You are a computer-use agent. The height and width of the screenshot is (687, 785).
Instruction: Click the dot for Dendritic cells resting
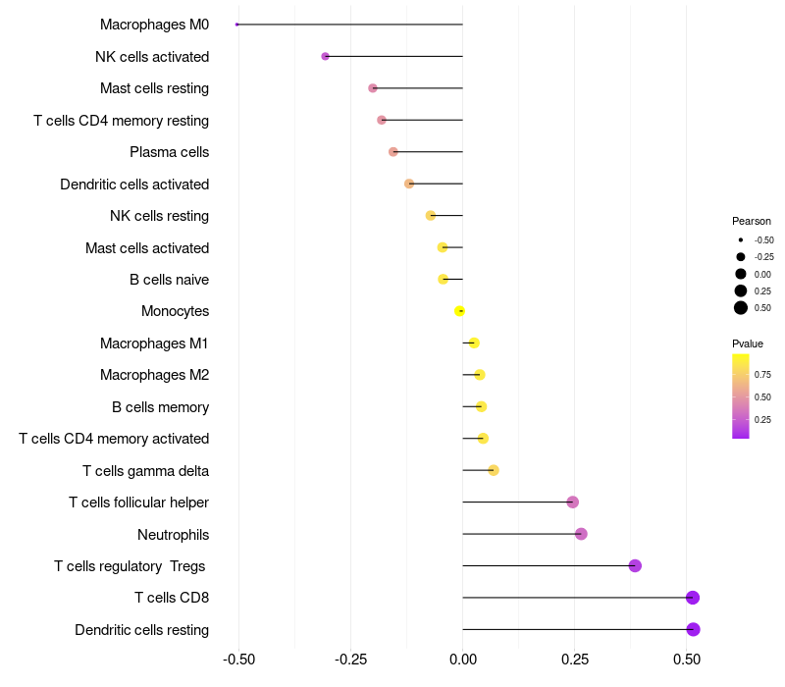tap(693, 629)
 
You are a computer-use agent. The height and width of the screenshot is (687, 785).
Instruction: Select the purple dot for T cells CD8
tap(693, 598)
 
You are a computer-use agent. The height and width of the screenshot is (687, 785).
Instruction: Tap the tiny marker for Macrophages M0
tap(237, 25)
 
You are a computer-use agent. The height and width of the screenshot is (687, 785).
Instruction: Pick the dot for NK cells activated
tap(326, 57)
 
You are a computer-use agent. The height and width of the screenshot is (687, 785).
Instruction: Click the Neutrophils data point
tap(581, 534)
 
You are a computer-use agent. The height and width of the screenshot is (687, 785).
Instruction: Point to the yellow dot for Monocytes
tap(459, 311)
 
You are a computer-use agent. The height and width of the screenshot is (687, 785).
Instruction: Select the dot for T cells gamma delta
tap(494, 470)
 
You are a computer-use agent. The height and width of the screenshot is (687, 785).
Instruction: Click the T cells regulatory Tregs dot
tap(635, 565)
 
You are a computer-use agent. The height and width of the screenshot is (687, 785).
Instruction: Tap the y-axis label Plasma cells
tap(169, 152)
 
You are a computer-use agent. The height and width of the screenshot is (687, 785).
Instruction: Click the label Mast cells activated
tap(147, 248)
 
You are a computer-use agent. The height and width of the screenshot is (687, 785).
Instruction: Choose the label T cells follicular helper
tap(138, 502)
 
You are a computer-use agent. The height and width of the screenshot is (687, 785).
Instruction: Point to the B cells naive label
tap(169, 280)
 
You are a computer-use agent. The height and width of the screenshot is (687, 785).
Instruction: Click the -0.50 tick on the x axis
tap(238, 659)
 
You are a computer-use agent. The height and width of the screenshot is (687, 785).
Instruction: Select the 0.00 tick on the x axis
tap(462, 659)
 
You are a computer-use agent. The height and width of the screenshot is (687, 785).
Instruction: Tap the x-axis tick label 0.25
tap(575, 659)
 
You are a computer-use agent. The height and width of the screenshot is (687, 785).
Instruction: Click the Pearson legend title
tap(752, 221)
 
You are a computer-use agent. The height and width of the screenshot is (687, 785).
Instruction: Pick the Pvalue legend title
tap(748, 343)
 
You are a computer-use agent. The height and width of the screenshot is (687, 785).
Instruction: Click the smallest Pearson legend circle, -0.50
tap(741, 239)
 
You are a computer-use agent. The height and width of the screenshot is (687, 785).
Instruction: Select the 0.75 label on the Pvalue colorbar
tap(762, 374)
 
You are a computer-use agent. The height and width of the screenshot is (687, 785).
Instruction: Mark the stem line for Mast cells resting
tap(417, 88)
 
